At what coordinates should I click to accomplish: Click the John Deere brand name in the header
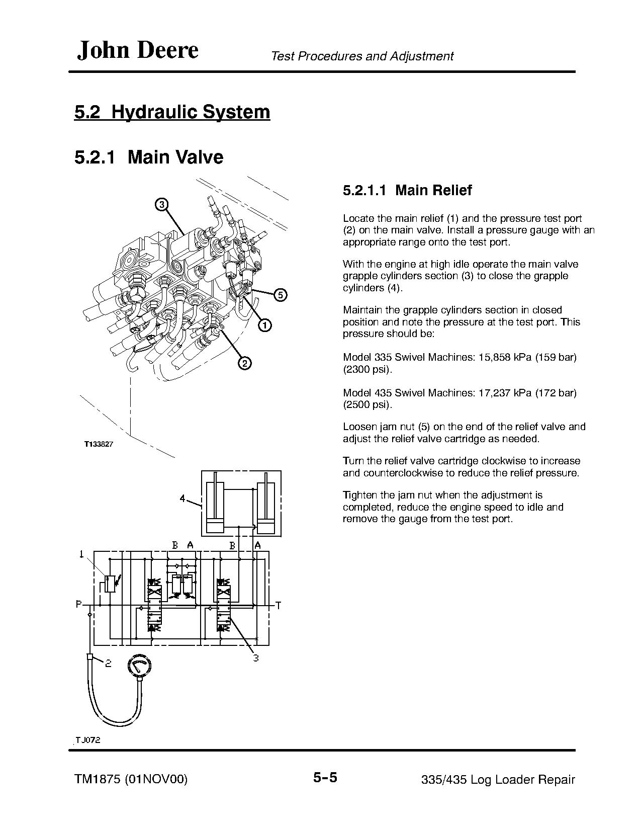click(137, 50)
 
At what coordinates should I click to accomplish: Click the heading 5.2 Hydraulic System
click(172, 112)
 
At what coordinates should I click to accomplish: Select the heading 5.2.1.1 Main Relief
click(407, 190)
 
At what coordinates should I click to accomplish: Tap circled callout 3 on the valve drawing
click(161, 205)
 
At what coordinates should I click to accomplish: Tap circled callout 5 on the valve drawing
click(280, 295)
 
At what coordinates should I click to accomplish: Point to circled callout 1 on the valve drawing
click(264, 325)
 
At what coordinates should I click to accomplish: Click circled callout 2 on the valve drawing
click(244, 363)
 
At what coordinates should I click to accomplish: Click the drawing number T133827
click(99, 445)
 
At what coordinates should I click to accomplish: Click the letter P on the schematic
click(79, 605)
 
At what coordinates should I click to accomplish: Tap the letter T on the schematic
click(278, 606)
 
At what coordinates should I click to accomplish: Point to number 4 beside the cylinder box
click(183, 499)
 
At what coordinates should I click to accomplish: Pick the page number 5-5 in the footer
click(325, 778)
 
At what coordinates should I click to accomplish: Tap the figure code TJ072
click(89, 740)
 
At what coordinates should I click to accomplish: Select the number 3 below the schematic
click(255, 658)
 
